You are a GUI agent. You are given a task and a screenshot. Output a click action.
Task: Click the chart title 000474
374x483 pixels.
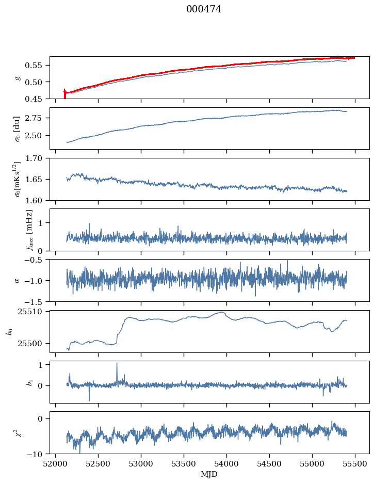tap(204, 9)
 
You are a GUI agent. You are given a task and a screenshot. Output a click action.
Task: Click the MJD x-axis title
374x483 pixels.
tap(209, 474)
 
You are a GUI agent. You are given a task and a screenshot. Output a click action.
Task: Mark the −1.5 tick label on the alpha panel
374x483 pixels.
tap(36, 301)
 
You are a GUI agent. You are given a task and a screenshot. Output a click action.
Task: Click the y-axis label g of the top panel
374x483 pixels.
tap(18, 77)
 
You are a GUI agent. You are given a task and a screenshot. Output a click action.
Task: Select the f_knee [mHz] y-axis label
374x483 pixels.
tap(29, 230)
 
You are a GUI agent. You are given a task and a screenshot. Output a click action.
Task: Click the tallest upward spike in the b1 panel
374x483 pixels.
tap(117, 363)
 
